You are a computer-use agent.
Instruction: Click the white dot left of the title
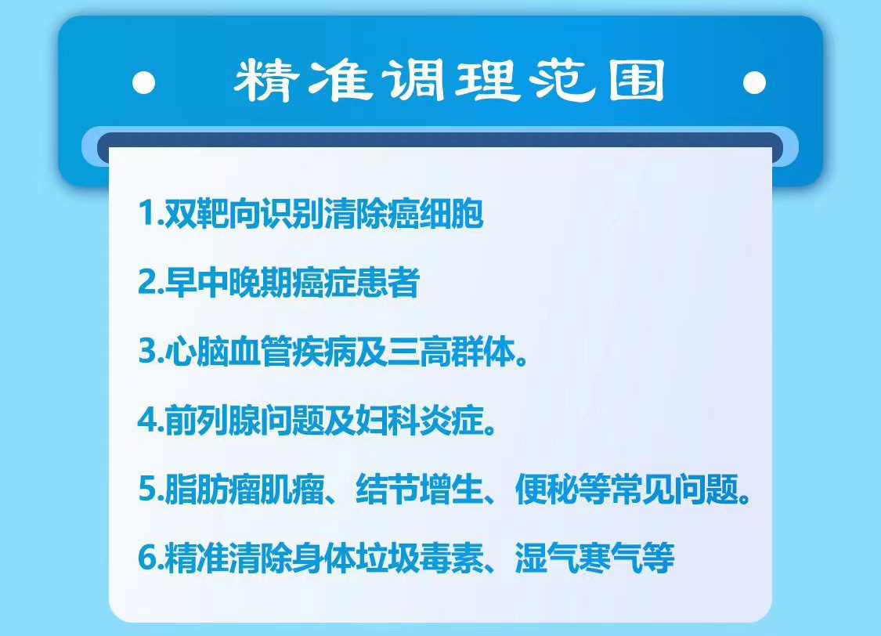click(x=144, y=82)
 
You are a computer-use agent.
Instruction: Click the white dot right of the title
click(x=754, y=82)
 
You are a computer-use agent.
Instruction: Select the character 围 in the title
click(x=637, y=81)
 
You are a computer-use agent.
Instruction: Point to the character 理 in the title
click(x=486, y=81)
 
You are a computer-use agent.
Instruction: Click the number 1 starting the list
click(x=147, y=213)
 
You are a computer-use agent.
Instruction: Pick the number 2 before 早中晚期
click(x=147, y=281)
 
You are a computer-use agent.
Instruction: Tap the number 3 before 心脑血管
click(x=148, y=351)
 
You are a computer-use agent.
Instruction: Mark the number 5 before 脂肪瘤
click(x=148, y=488)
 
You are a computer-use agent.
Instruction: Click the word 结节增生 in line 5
click(x=419, y=489)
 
